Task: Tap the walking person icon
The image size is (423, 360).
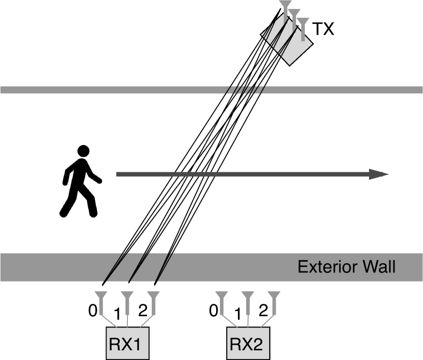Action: coord(81,181)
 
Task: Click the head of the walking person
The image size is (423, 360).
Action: coord(83,151)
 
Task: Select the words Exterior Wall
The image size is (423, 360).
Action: coord(347,267)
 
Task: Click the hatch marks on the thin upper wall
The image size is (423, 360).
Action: coord(245,90)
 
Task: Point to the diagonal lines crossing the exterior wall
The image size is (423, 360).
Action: coord(138,267)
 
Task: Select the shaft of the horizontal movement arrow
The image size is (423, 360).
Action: coord(245,174)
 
